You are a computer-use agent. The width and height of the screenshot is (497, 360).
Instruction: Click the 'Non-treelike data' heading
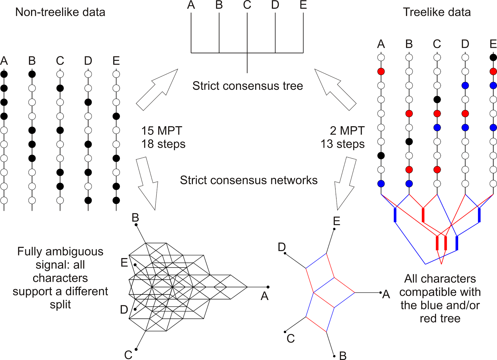[60, 12]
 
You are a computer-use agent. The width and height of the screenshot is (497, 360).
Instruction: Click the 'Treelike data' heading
[436, 12]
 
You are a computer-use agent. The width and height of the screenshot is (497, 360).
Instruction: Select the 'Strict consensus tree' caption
[248, 86]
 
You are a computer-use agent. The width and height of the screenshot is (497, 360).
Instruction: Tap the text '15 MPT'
[162, 131]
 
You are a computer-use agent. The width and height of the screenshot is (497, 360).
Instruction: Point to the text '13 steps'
[342, 144]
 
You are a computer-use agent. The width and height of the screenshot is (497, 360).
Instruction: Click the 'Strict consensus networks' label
[248, 180]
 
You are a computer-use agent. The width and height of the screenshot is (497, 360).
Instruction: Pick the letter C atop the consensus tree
[247, 5]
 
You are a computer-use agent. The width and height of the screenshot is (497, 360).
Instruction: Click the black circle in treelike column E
[493, 57]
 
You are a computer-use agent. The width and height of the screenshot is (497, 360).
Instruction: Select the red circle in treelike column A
[381, 71]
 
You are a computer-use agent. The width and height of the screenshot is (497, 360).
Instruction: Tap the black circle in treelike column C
[437, 100]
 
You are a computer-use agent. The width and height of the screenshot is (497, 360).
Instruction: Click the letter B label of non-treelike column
[32, 61]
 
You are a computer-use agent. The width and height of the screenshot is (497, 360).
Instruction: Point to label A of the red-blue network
[386, 294]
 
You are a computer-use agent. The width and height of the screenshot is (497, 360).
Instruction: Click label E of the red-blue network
[336, 221]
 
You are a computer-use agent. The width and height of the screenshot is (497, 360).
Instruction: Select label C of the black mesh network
[128, 354]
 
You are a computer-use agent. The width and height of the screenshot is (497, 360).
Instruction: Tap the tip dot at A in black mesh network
[268, 287]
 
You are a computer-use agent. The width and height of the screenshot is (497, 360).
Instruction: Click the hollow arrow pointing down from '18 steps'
[148, 183]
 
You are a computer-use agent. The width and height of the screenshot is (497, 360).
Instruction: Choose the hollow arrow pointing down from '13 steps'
[345, 183]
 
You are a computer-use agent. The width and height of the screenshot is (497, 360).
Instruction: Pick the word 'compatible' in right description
[440, 292]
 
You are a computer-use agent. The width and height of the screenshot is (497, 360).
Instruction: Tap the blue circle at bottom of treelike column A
[381, 184]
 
